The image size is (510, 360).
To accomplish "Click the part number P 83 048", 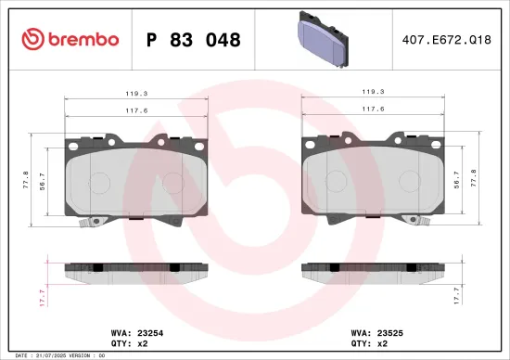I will click(x=194, y=40).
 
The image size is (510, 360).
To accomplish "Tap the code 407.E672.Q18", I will click(x=446, y=40).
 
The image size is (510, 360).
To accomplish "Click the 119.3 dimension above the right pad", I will click(x=373, y=94).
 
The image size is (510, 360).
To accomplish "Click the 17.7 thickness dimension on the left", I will click(x=41, y=297).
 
